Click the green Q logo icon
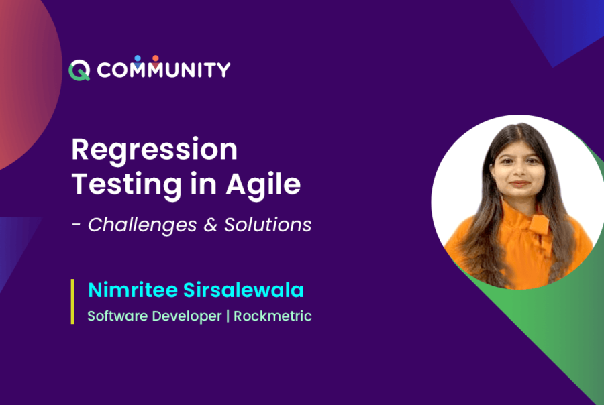(x=79, y=70)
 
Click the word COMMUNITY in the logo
(x=164, y=70)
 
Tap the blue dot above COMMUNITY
(x=138, y=58)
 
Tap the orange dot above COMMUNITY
(x=156, y=58)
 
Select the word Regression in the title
(x=154, y=150)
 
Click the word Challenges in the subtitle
(x=142, y=225)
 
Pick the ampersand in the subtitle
(x=211, y=225)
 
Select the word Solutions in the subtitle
(x=268, y=225)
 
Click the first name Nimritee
(x=133, y=290)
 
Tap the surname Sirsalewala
(x=244, y=290)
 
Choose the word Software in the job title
(x=117, y=316)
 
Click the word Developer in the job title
(x=187, y=316)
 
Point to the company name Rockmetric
(x=272, y=316)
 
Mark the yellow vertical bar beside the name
(x=72, y=302)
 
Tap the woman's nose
(x=520, y=170)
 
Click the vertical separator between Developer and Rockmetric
(x=228, y=316)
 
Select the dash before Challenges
(x=77, y=225)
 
